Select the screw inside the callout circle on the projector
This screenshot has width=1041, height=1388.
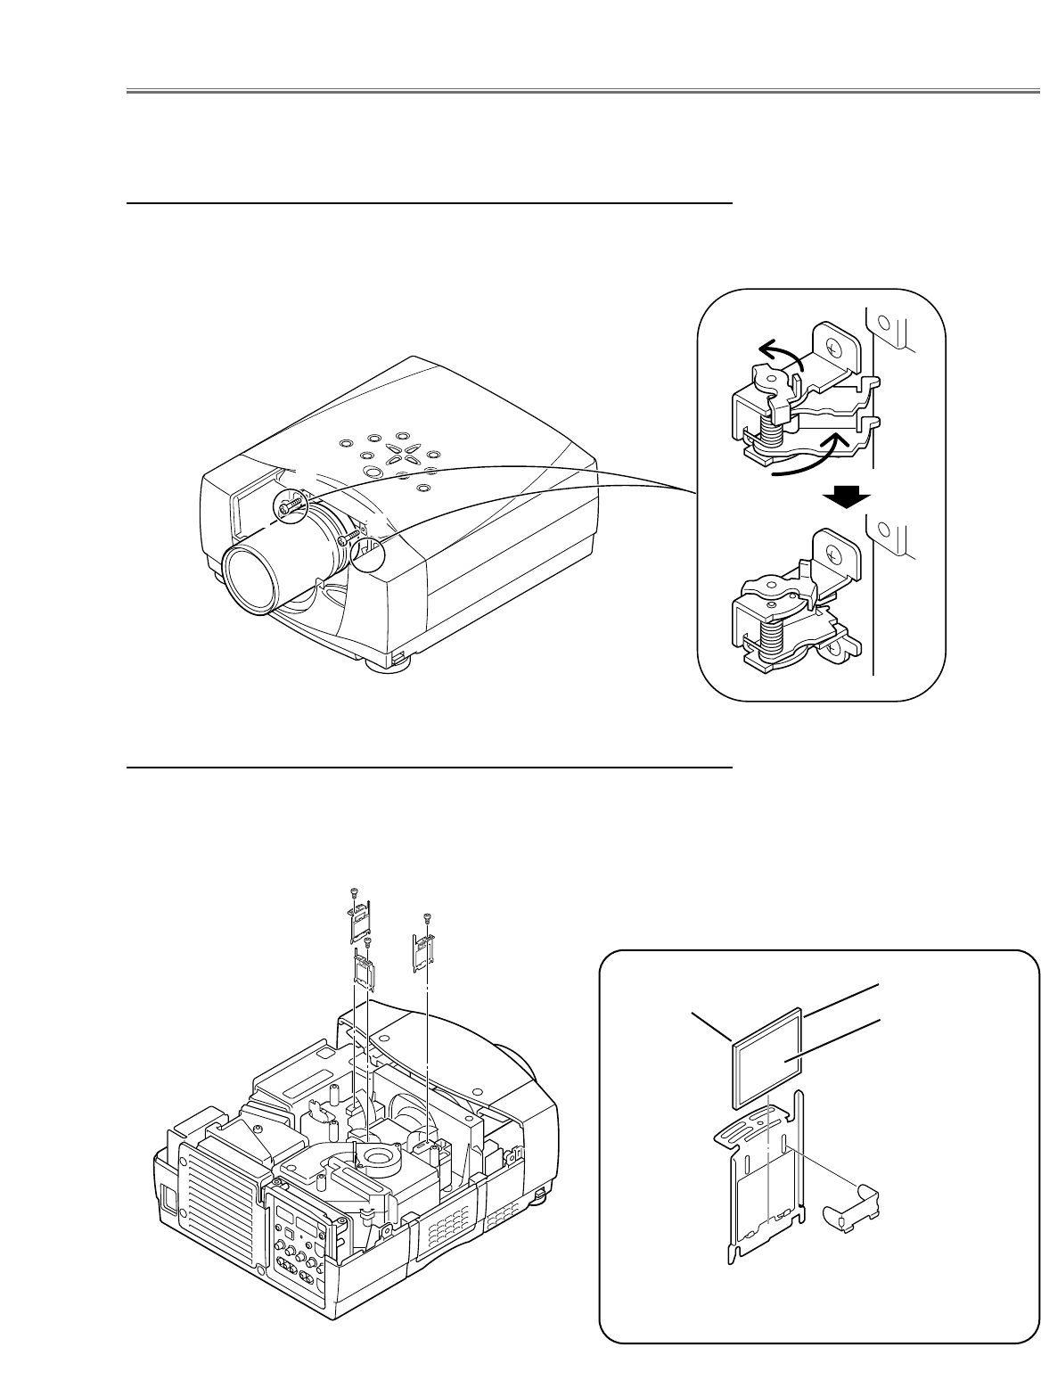[x=290, y=505]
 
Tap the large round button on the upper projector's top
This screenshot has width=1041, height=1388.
[x=402, y=437]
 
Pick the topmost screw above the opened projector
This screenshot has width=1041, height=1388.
[x=355, y=892]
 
